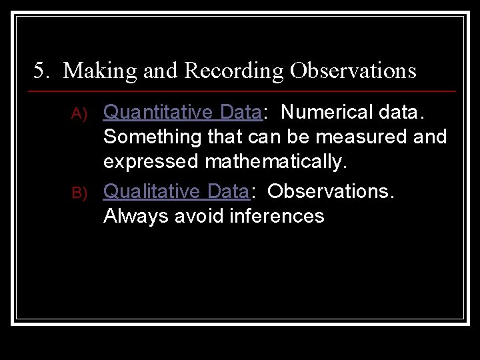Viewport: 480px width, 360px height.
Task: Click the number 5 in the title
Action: click(39, 71)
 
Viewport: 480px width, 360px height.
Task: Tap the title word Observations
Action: click(353, 71)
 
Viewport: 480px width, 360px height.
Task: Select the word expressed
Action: click(151, 162)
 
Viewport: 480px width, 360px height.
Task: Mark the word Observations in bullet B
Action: click(331, 191)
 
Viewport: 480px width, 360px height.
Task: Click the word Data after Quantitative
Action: click(240, 113)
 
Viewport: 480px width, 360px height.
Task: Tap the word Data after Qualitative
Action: click(228, 191)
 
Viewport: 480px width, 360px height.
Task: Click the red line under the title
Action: click(244, 91)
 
